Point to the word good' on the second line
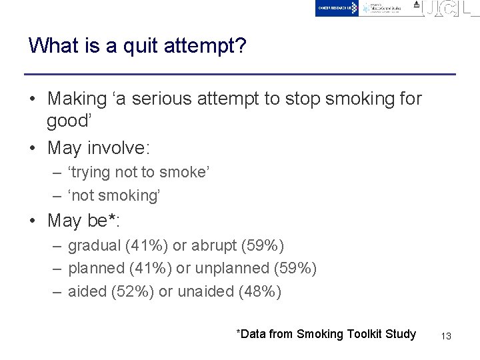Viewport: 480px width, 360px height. pyautogui.click(x=69, y=121)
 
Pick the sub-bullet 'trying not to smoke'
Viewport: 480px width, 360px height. pyautogui.click(x=139, y=172)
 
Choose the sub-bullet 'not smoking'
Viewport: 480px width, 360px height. pyautogui.click(x=115, y=195)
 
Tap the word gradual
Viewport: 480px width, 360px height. pyautogui.click(x=95, y=245)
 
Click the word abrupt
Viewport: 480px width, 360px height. pyautogui.click(x=214, y=245)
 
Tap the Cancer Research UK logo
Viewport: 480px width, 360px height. pyautogui.click(x=337, y=8)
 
